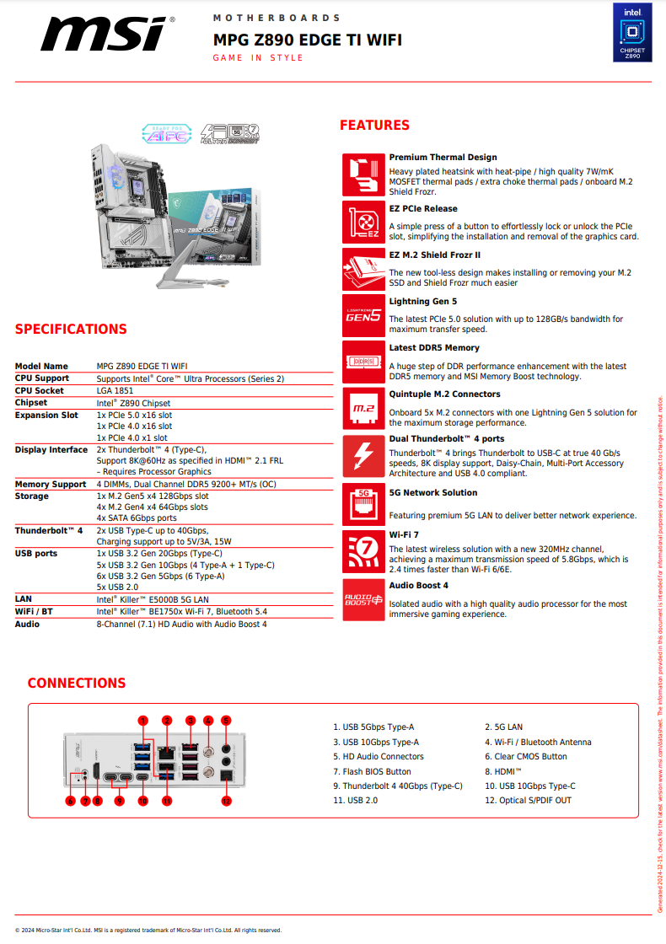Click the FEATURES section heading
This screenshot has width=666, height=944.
374,126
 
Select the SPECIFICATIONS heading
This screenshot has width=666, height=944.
71,330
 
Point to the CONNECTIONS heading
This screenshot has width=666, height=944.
77,683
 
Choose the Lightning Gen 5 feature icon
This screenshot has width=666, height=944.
363,315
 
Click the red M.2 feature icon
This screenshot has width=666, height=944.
363,409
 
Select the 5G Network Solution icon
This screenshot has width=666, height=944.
363,503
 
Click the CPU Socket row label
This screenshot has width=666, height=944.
40,391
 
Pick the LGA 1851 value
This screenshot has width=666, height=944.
115,391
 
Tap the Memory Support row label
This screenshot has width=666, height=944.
51,485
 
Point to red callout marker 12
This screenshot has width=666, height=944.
226,800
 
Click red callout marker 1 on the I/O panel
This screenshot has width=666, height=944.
143,720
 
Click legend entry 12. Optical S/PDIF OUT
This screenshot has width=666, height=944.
528,800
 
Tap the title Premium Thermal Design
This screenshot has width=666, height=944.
443,158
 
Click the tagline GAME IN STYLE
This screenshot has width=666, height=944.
258,58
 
